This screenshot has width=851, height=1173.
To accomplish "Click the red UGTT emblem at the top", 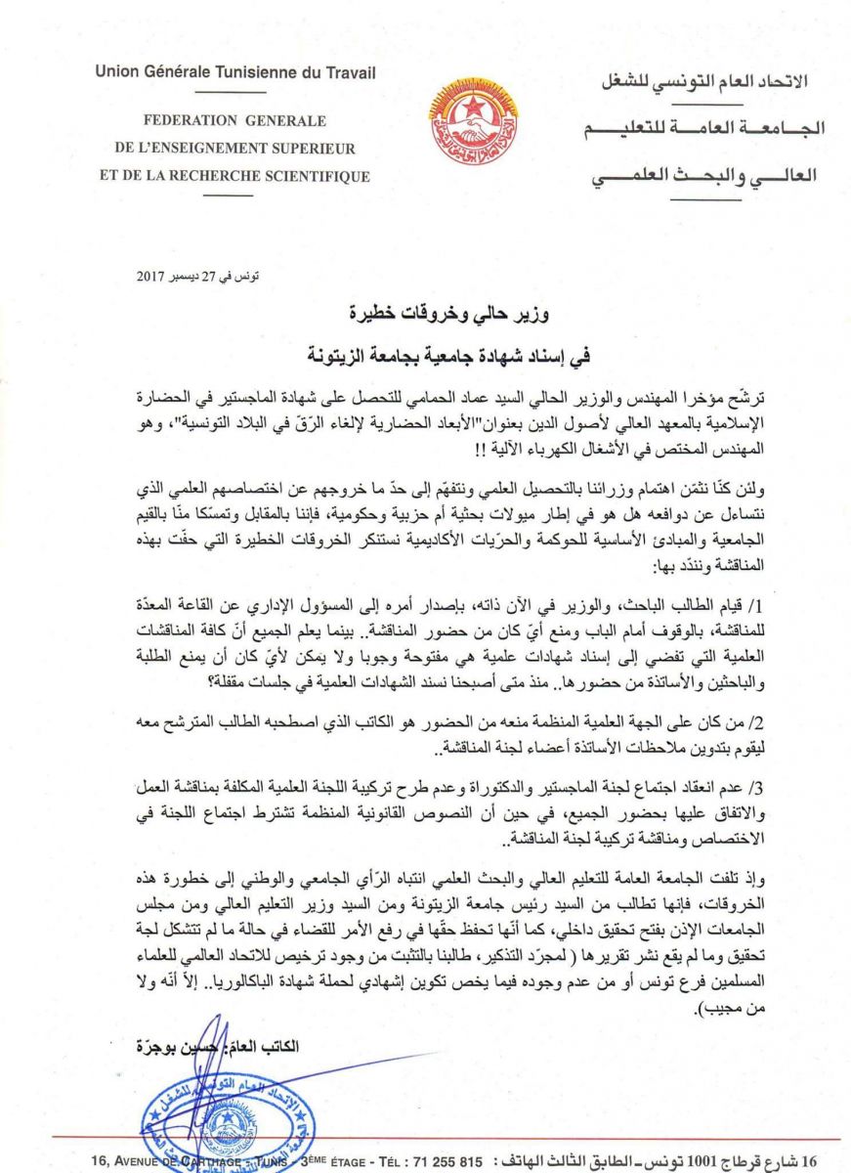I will tap(473, 126).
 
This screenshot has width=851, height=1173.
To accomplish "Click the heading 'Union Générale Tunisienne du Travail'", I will tap(234, 72).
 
